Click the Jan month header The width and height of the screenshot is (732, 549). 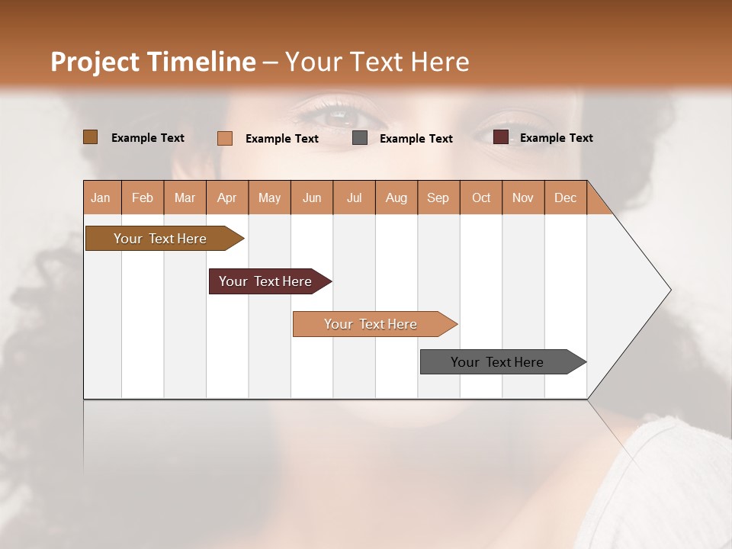pyautogui.click(x=101, y=197)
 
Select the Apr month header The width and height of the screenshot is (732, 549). pyautogui.click(x=226, y=197)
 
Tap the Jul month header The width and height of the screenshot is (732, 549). pyautogui.click(x=354, y=197)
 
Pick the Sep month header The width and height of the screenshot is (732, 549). pyautogui.click(x=438, y=197)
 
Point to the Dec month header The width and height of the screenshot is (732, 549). pyautogui.click(x=565, y=197)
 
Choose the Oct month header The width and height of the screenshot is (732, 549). pyautogui.click(x=480, y=197)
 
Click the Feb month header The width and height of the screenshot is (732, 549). pyautogui.click(x=143, y=197)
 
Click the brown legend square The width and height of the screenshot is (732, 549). pyautogui.click(x=90, y=137)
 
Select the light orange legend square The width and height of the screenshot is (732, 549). pyautogui.click(x=224, y=138)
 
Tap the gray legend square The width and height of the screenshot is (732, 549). pyautogui.click(x=360, y=138)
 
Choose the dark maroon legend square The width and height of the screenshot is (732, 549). pyautogui.click(x=500, y=137)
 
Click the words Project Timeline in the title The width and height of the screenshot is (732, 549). pyautogui.click(x=152, y=62)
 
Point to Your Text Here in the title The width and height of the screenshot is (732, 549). pyautogui.click(x=377, y=62)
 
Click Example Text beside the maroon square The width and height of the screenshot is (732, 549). pyautogui.click(x=556, y=138)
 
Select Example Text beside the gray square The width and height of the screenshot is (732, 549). pyautogui.click(x=416, y=139)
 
